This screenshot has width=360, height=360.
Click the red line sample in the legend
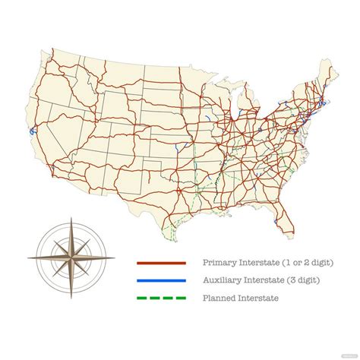click(161, 263)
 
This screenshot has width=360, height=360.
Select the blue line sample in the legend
click(161, 281)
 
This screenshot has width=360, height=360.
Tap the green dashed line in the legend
click(161, 298)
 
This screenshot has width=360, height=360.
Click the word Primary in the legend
click(219, 263)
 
